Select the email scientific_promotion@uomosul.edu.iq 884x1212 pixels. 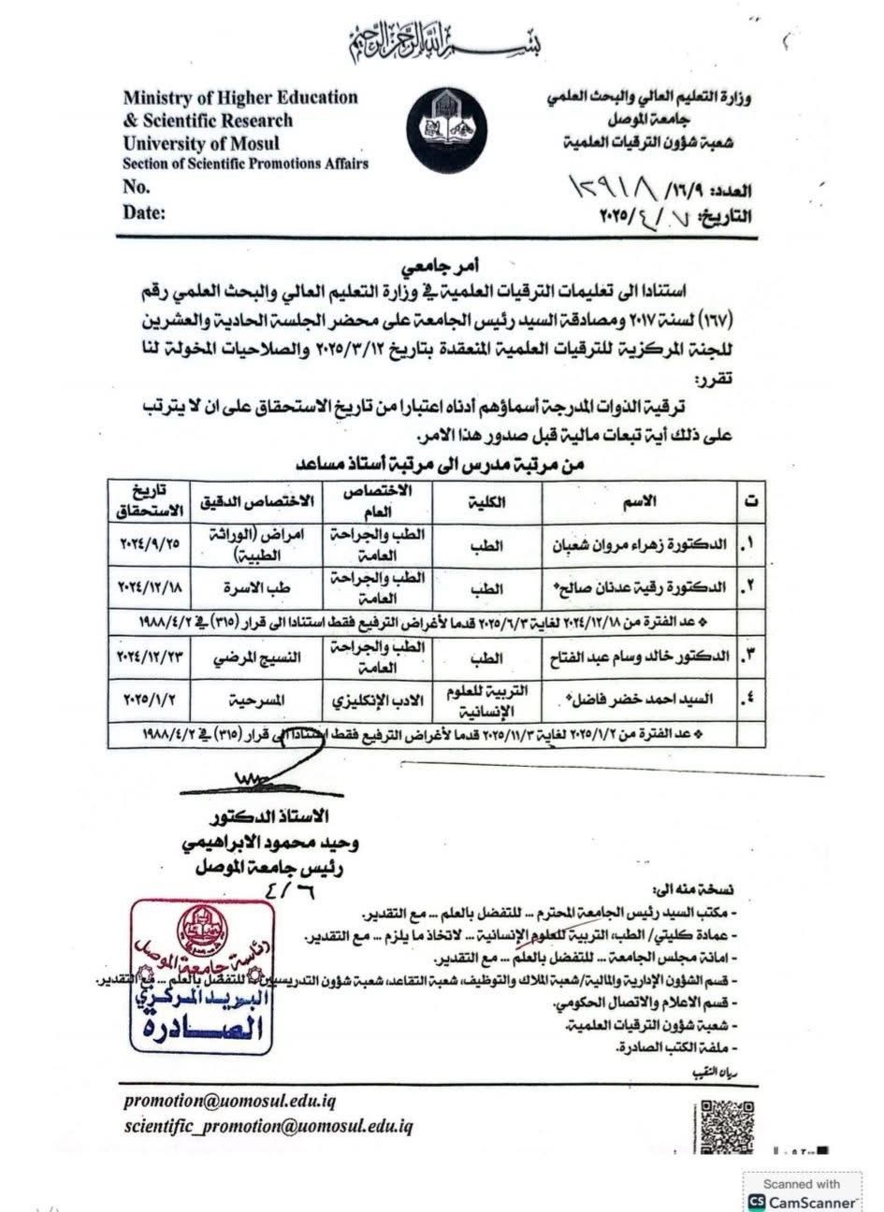click(268, 1127)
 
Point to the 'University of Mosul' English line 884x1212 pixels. click(201, 144)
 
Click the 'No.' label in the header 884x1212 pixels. click(137, 187)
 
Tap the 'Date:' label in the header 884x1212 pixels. click(144, 212)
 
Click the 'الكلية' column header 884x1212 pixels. click(486, 501)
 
